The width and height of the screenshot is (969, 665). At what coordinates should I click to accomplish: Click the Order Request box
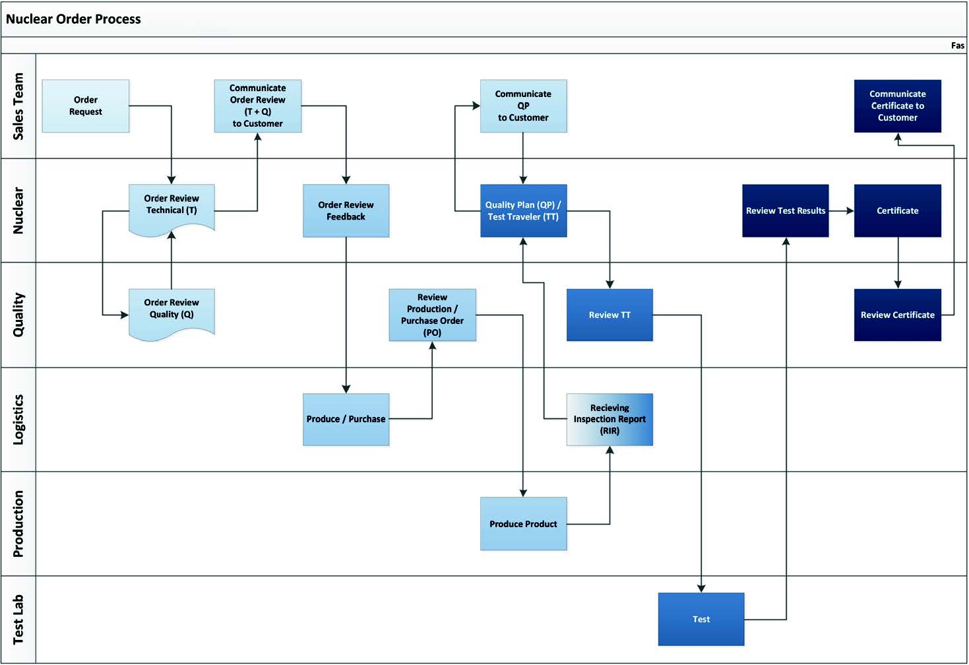click(x=86, y=106)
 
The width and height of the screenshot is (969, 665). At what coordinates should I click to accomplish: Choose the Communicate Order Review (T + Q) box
click(x=258, y=106)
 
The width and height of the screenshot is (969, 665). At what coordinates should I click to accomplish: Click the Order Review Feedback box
click(x=346, y=210)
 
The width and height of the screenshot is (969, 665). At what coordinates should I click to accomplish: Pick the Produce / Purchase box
click(x=346, y=420)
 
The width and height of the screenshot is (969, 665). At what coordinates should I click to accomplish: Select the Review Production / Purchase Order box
click(x=432, y=315)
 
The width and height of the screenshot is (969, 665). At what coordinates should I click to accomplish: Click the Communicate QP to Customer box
click(x=523, y=106)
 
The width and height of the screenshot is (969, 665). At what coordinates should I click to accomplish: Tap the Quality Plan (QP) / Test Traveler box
click(x=523, y=210)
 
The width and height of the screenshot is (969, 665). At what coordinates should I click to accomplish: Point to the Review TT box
click(x=610, y=315)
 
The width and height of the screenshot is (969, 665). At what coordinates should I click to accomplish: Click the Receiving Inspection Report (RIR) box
click(x=610, y=420)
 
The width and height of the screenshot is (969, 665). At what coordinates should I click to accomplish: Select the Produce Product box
click(x=523, y=524)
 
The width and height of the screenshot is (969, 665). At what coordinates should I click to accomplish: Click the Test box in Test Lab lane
click(x=701, y=619)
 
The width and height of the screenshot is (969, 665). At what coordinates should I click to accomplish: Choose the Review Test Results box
click(x=786, y=210)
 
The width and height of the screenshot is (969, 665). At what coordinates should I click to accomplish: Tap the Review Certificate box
click(x=897, y=315)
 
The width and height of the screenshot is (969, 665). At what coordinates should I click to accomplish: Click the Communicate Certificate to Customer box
click(x=897, y=106)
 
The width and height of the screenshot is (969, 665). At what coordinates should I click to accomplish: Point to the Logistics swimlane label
click(x=18, y=420)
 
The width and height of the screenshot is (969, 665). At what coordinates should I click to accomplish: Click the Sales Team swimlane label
click(x=18, y=106)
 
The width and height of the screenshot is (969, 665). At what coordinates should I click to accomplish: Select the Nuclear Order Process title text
click(x=73, y=19)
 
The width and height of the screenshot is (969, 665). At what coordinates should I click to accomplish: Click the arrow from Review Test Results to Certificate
click(x=841, y=210)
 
